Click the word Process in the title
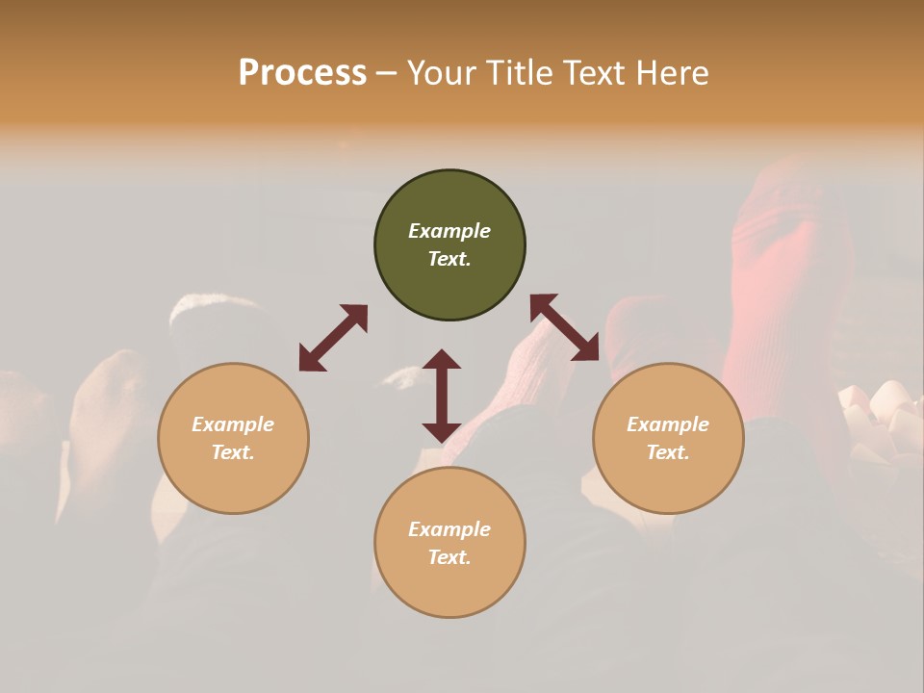click(302, 72)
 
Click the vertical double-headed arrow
click(442, 396)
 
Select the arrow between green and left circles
click(333, 338)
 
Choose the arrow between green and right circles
click(564, 327)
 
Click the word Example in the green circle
click(449, 231)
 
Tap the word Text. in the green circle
click(449, 259)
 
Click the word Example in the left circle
click(233, 424)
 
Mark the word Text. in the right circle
click(668, 452)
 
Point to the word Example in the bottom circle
click(449, 529)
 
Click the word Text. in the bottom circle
click(449, 557)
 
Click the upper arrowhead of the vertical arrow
click(442, 359)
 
